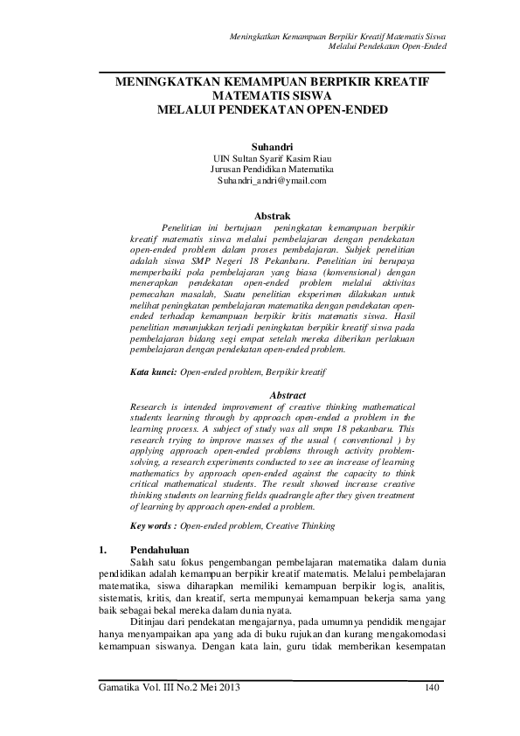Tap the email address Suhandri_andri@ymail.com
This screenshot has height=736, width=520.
click(x=271, y=180)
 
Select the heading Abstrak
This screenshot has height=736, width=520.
click(x=271, y=214)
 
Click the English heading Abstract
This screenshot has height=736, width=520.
click(x=288, y=395)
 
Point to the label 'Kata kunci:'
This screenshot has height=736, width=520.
click(x=153, y=372)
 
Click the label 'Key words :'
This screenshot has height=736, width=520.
click(x=154, y=527)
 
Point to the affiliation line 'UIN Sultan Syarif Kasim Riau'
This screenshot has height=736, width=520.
click(x=271, y=158)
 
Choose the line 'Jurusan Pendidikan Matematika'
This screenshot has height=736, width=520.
click(x=271, y=169)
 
